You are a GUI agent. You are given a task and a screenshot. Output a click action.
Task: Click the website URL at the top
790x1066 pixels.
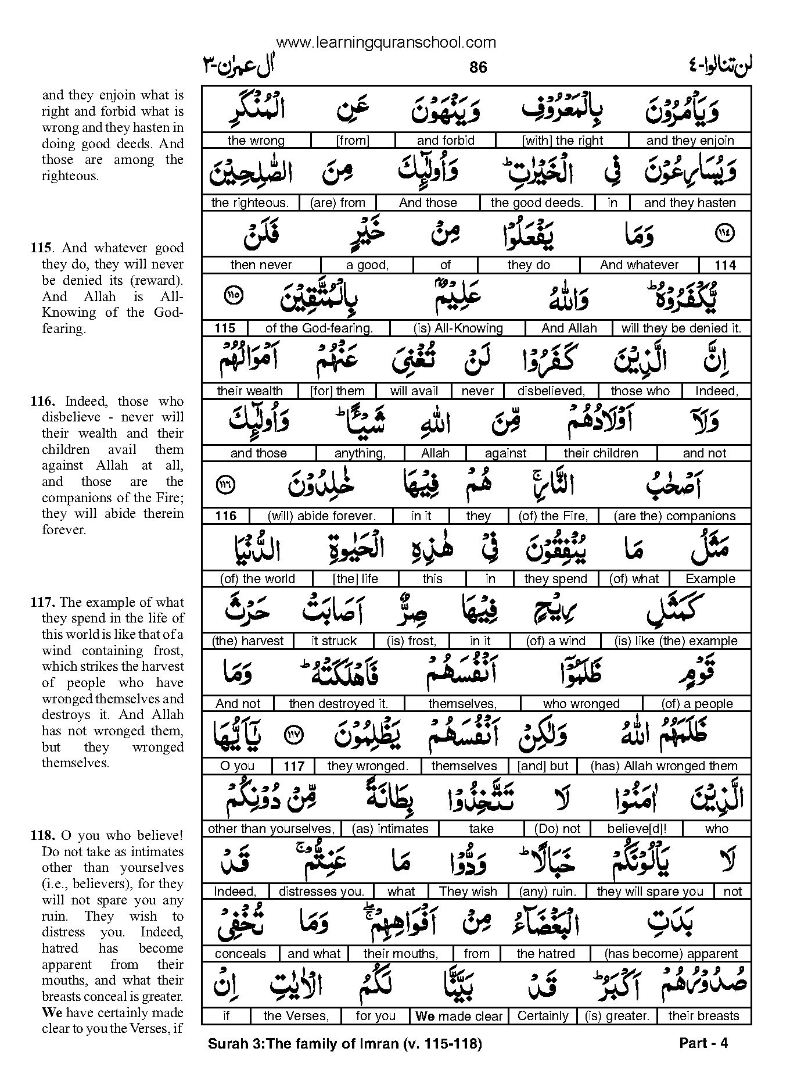(386, 42)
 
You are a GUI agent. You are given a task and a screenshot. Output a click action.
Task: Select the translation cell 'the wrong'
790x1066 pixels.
(256, 140)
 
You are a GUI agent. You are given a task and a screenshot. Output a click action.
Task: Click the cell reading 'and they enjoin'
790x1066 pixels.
(690, 140)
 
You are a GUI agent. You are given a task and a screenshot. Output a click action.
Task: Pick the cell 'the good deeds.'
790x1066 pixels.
(537, 202)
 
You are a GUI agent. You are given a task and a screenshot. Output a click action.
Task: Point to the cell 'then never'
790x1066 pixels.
(261, 265)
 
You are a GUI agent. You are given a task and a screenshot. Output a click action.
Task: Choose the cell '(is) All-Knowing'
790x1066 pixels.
(458, 328)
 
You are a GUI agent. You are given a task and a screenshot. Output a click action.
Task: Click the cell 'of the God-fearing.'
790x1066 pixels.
(319, 328)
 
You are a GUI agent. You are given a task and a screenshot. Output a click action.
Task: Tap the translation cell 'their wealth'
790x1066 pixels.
(250, 391)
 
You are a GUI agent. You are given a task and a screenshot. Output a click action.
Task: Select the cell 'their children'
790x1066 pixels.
(601, 453)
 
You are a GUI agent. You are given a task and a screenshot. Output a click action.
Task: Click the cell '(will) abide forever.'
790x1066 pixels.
(321, 516)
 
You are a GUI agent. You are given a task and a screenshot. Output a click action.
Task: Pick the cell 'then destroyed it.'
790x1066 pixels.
(338, 703)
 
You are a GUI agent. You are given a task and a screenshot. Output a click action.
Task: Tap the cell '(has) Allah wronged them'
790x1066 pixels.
(663, 766)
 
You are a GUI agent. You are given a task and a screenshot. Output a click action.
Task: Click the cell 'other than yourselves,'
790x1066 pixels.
(271, 828)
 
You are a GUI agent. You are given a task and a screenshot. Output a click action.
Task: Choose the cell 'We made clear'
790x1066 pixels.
(459, 1016)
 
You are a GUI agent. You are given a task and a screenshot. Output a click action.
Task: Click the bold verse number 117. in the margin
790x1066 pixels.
(44, 602)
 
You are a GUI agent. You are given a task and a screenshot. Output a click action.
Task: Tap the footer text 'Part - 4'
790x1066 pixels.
(703, 1043)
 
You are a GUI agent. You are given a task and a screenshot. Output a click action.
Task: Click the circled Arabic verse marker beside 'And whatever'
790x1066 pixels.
(725, 234)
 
